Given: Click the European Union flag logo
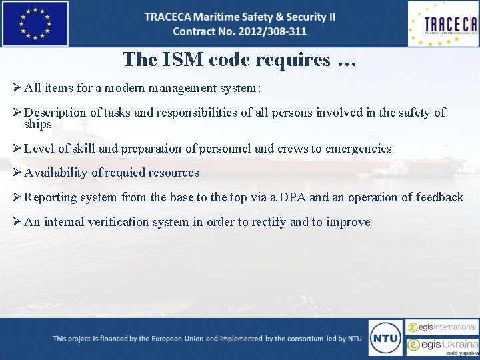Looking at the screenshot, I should [x=35, y=24].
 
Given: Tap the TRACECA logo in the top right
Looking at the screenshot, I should [x=443, y=24].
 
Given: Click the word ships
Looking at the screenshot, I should [x=37, y=124].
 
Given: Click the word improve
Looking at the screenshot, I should [x=348, y=222].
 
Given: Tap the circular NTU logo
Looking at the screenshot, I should [x=385, y=338].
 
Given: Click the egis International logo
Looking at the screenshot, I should [x=443, y=327].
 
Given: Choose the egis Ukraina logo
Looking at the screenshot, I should [x=443, y=347].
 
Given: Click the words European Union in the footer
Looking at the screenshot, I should [x=173, y=339].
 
